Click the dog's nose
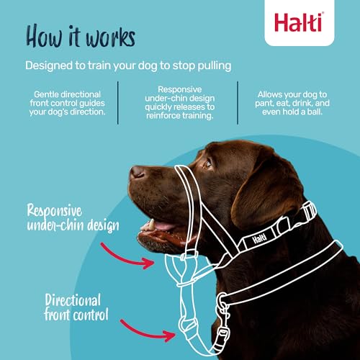coord(136,173)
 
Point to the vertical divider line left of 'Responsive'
coord(120,102)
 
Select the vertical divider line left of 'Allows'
coord(238,102)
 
